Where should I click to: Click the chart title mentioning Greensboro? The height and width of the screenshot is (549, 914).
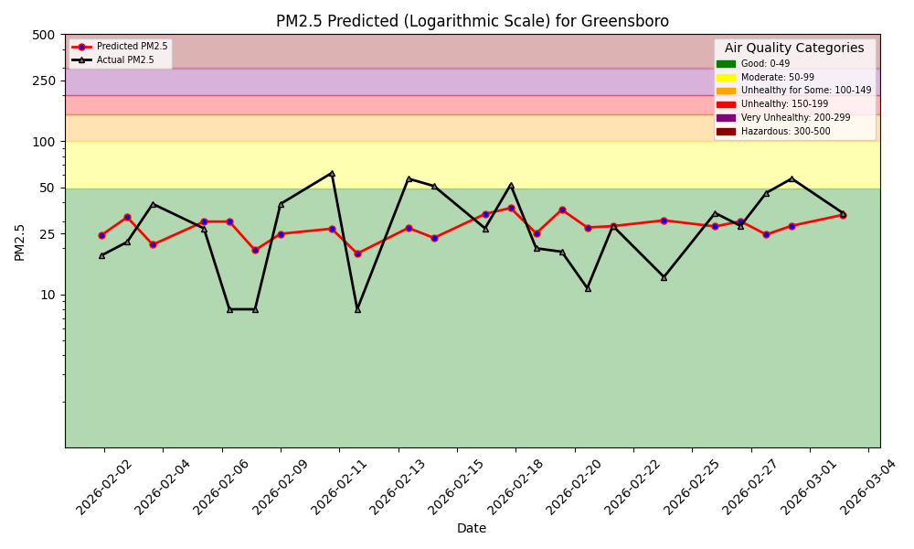(x=472, y=21)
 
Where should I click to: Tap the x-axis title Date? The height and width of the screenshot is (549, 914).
(x=472, y=528)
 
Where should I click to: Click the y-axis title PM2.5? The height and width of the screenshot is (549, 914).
(x=20, y=242)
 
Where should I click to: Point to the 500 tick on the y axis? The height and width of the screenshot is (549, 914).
(x=44, y=35)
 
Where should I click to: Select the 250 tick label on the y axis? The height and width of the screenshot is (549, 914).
(x=44, y=81)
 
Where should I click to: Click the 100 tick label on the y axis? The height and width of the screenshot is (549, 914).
(x=44, y=142)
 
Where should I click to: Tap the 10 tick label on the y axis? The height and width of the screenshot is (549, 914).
(x=47, y=295)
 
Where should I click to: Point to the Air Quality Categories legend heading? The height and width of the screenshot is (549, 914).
(x=794, y=48)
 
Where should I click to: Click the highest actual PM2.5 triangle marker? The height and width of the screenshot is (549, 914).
(x=332, y=173)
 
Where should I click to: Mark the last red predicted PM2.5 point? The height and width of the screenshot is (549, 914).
(x=843, y=215)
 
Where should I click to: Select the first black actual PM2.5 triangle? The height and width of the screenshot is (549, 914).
(x=101, y=255)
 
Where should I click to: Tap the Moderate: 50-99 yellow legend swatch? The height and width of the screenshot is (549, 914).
(x=726, y=78)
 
